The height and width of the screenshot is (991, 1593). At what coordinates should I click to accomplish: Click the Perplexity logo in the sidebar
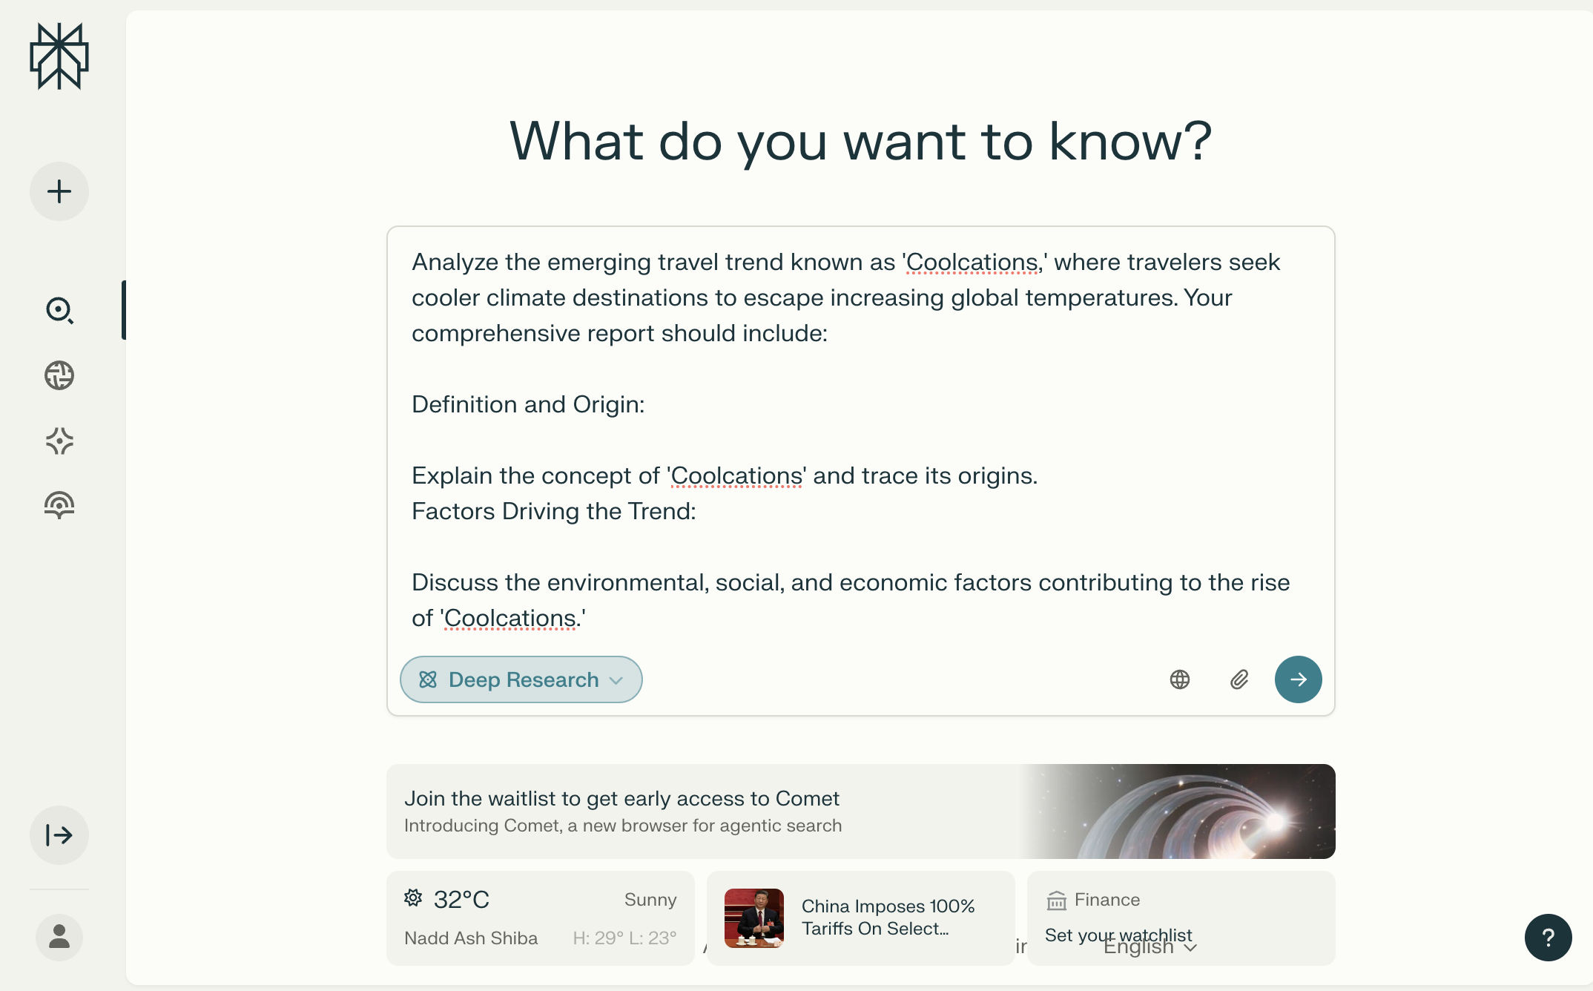(59, 56)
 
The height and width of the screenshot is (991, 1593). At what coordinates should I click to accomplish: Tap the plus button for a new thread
(59, 191)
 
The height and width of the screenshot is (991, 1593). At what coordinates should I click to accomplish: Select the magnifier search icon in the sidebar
(59, 310)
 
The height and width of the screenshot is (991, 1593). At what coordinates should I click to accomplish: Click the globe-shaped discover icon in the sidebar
(59, 375)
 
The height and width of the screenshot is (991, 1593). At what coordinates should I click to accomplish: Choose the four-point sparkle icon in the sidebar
(59, 441)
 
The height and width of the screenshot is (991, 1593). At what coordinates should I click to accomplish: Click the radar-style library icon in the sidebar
(59, 506)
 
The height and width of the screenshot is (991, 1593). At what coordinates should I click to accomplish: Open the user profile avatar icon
(59, 938)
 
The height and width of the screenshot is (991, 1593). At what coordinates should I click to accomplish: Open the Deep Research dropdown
(521, 679)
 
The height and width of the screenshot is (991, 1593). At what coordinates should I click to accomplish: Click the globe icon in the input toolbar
(1180, 679)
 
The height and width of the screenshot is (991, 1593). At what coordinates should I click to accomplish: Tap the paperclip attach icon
(1239, 679)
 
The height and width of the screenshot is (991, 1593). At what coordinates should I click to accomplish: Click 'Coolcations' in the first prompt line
(972, 262)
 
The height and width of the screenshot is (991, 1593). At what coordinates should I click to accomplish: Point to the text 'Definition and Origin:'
(528, 404)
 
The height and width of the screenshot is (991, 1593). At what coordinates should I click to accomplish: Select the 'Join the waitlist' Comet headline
(621, 798)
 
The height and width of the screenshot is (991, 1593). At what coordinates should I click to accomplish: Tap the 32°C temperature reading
(461, 900)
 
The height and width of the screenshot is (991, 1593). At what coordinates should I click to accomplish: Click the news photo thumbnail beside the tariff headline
(754, 918)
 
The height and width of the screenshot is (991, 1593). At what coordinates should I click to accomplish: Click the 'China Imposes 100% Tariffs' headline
(888, 917)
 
